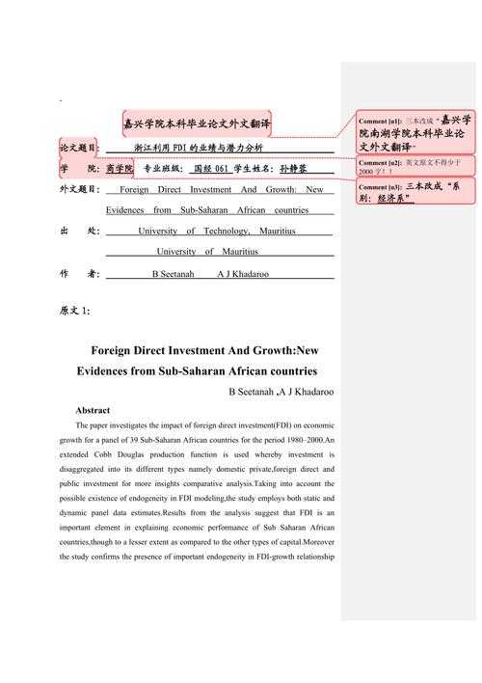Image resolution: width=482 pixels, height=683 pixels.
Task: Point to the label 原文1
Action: pyautogui.click(x=74, y=310)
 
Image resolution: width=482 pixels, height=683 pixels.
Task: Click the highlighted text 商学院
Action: pyautogui.click(x=120, y=168)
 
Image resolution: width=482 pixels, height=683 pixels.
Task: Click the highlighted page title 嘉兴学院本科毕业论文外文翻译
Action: pyautogui.click(x=197, y=124)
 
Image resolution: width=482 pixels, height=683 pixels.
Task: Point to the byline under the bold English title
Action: pyautogui.click(x=281, y=391)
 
